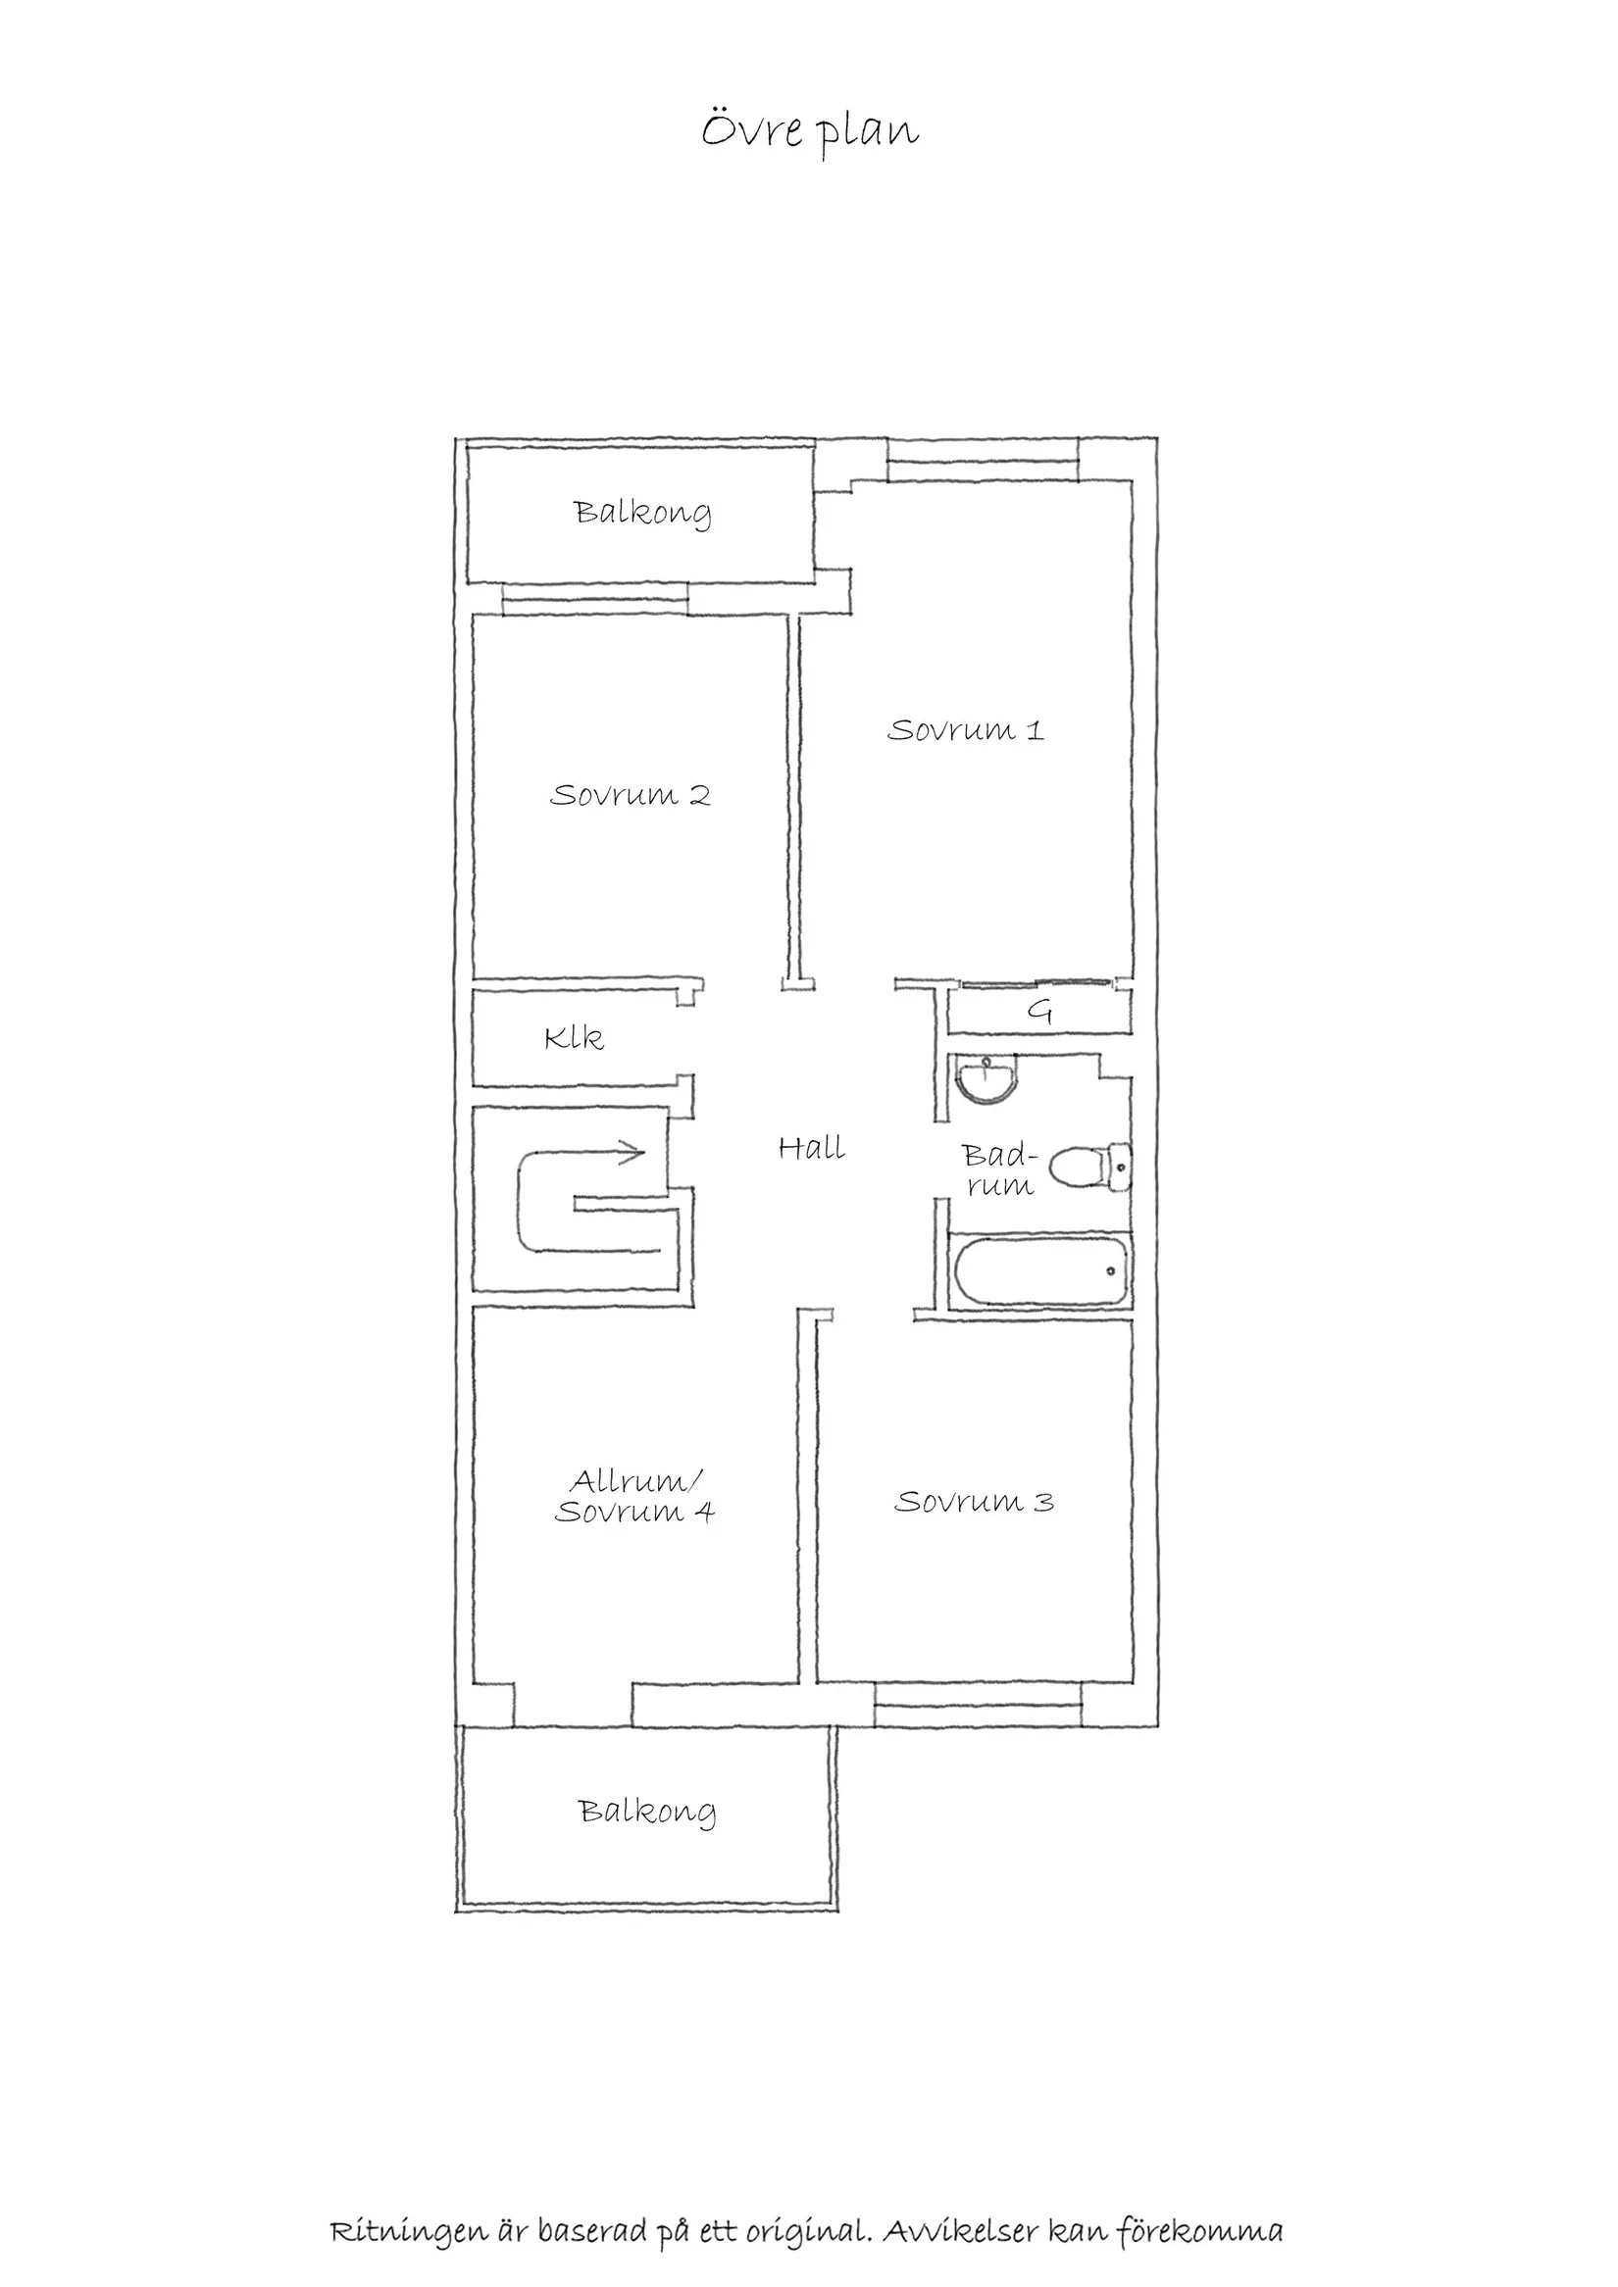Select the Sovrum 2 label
coord(630,795)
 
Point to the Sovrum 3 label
coord(974,1501)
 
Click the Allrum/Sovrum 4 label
coord(634,1496)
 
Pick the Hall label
coord(811,1149)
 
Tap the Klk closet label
coord(574,1039)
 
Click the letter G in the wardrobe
coord(1039,1012)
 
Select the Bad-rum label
coord(998,1170)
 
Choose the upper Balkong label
coord(642,513)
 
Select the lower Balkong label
coord(647,1811)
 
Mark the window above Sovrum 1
coord(983,471)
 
